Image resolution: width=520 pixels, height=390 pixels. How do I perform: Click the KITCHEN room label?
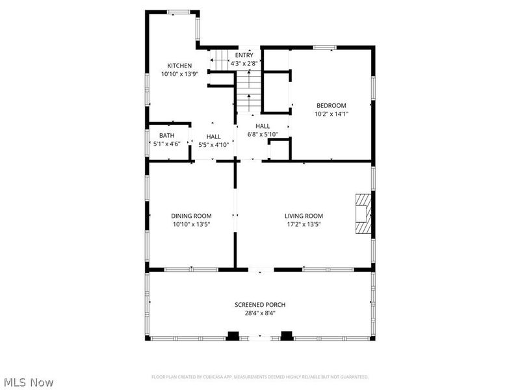pyautogui.click(x=179, y=66)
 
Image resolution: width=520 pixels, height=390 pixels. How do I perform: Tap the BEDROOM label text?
pyautogui.click(x=331, y=105)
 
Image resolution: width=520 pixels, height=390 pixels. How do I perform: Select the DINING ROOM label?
pyautogui.click(x=191, y=216)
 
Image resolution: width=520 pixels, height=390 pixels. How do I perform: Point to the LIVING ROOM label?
pyautogui.click(x=304, y=216)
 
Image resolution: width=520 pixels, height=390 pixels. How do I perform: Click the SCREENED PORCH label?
pyautogui.click(x=260, y=304)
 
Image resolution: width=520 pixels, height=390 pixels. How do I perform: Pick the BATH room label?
pyautogui.click(x=167, y=135)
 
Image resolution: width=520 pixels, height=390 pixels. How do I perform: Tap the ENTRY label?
pyautogui.click(x=244, y=55)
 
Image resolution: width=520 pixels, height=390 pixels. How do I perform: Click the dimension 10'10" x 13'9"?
pyautogui.click(x=180, y=74)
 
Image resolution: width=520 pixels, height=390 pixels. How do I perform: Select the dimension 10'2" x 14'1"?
pyautogui.click(x=331, y=114)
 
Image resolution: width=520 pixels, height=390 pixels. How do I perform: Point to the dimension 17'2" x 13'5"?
pyautogui.click(x=304, y=224)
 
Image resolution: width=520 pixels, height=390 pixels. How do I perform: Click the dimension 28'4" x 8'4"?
pyautogui.click(x=260, y=313)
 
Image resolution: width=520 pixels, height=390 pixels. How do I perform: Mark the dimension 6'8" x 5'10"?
pyautogui.click(x=263, y=135)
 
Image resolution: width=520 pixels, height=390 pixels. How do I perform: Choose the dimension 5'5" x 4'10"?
pyautogui.click(x=214, y=145)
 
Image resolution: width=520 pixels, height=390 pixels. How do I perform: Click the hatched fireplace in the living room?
pyautogui.click(x=363, y=214)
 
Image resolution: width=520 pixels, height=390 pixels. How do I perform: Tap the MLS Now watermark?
pyautogui.click(x=27, y=382)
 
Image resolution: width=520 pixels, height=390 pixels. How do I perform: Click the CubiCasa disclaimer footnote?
pyautogui.click(x=260, y=377)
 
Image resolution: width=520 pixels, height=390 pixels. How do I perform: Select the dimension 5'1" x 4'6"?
pyautogui.click(x=167, y=144)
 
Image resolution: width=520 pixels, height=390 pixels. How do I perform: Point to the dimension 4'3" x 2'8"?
pyautogui.click(x=244, y=63)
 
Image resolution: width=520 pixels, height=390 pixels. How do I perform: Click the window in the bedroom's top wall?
pyautogui.click(x=325, y=47)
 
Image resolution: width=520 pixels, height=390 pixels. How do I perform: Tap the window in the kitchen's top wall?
pyautogui.click(x=178, y=12)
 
